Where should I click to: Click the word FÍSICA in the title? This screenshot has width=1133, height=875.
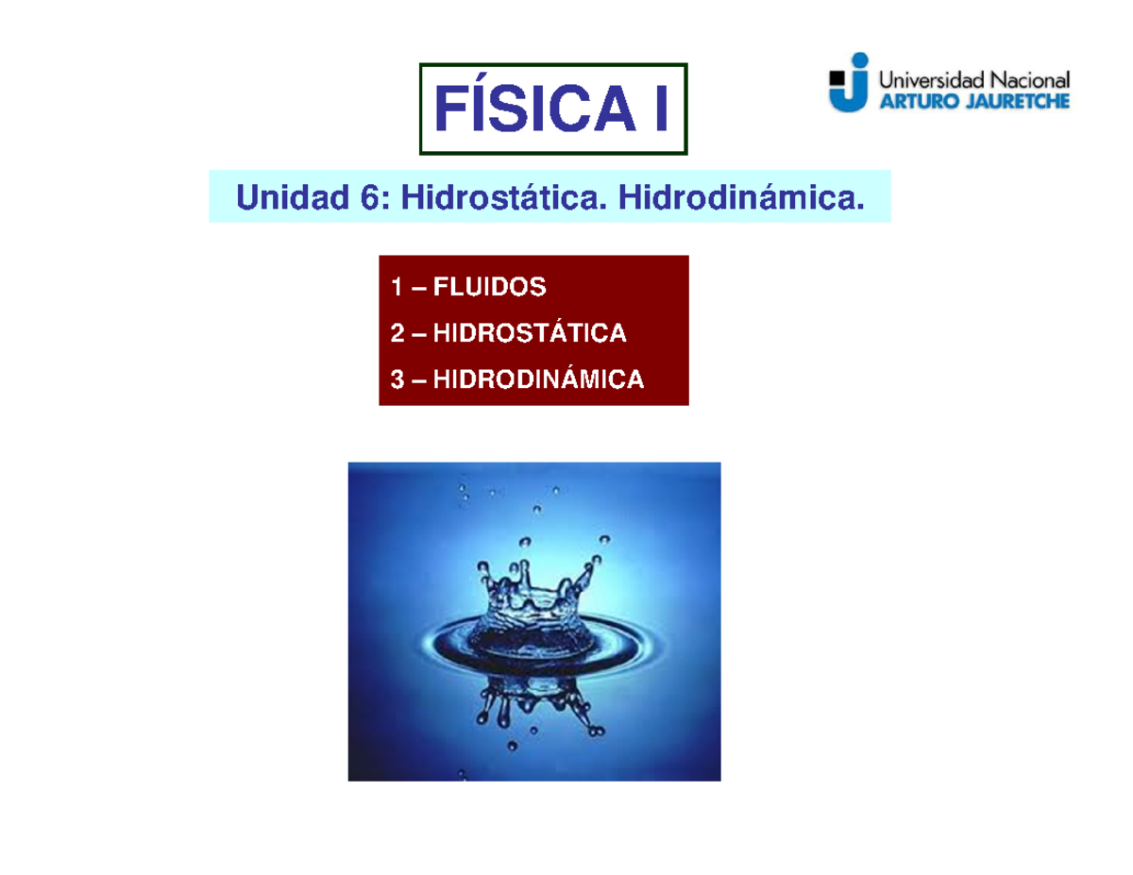click(x=530, y=109)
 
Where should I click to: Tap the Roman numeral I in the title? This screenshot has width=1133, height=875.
click(x=659, y=109)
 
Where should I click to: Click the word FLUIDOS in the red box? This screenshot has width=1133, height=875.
click(x=489, y=286)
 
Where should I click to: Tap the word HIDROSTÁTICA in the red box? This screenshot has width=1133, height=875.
click(x=530, y=332)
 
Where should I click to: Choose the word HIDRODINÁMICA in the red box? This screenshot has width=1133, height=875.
click(x=539, y=379)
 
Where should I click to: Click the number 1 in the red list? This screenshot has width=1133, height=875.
click(x=396, y=286)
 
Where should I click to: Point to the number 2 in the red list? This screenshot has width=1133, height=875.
click(x=396, y=332)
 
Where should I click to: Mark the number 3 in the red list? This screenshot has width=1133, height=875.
click(x=396, y=379)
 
